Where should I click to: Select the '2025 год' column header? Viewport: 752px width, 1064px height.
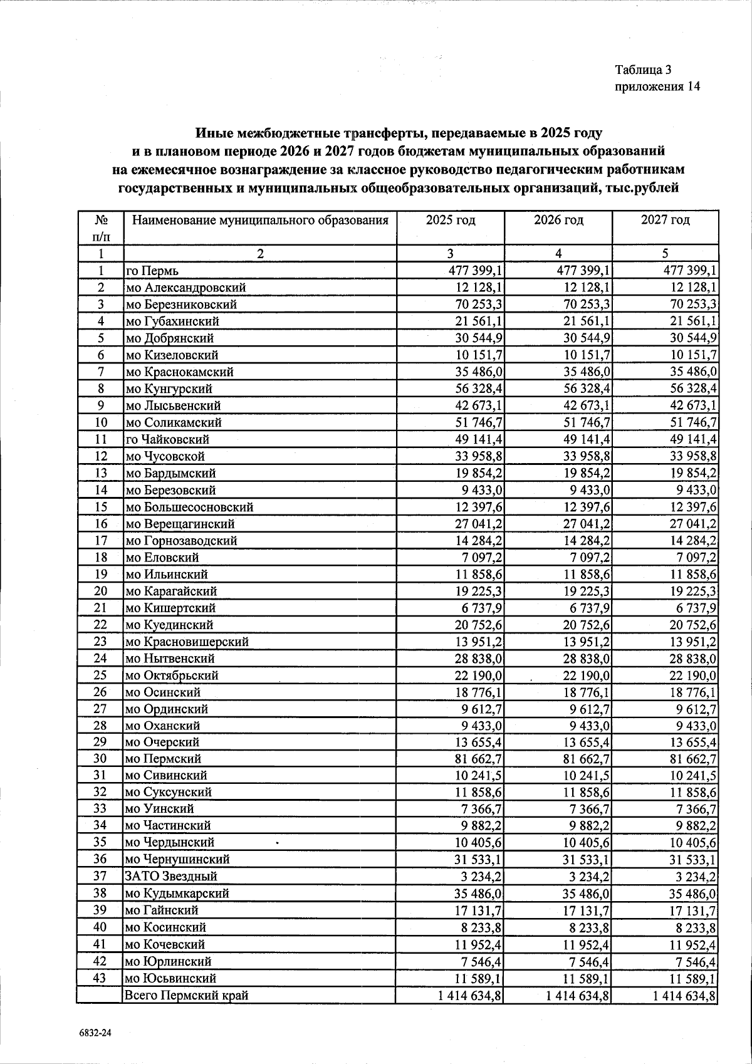click(x=450, y=221)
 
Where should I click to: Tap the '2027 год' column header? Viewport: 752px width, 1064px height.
click(x=666, y=221)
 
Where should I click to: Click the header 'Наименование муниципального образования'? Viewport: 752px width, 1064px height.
click(x=260, y=221)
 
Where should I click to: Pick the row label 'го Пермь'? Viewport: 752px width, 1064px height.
click(x=152, y=271)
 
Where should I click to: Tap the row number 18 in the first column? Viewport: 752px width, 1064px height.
click(x=100, y=557)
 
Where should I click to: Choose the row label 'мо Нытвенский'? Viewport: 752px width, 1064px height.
click(x=170, y=659)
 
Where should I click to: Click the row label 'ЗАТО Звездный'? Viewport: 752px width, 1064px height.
click(x=172, y=877)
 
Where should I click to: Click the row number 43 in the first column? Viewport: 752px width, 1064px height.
click(x=100, y=978)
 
